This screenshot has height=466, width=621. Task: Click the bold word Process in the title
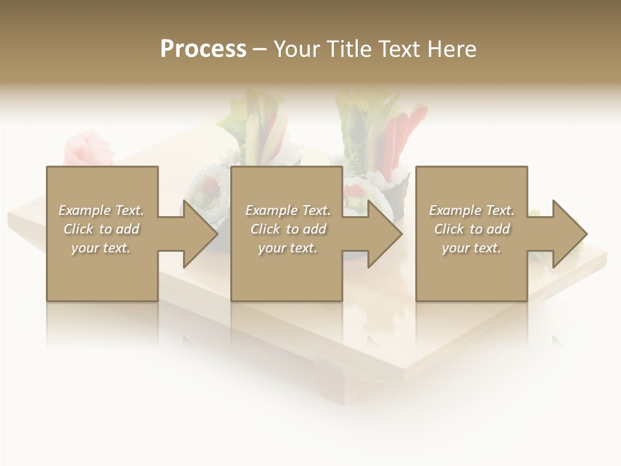(x=203, y=49)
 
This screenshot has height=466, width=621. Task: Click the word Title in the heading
(x=347, y=49)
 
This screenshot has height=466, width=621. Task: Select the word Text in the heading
(x=400, y=49)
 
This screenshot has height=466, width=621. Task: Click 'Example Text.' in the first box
(x=101, y=210)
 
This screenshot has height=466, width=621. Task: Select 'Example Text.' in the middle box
(x=288, y=210)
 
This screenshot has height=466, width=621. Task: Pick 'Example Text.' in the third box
(x=472, y=210)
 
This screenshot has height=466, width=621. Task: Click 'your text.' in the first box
(x=101, y=248)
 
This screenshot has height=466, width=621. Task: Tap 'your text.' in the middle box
(x=288, y=248)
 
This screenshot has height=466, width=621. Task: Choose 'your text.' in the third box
(x=472, y=248)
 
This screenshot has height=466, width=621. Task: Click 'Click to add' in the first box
(x=101, y=229)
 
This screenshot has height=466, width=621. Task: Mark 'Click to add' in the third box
(x=472, y=229)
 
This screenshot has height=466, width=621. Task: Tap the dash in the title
(x=259, y=50)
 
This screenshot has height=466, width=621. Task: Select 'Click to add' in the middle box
(x=288, y=229)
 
